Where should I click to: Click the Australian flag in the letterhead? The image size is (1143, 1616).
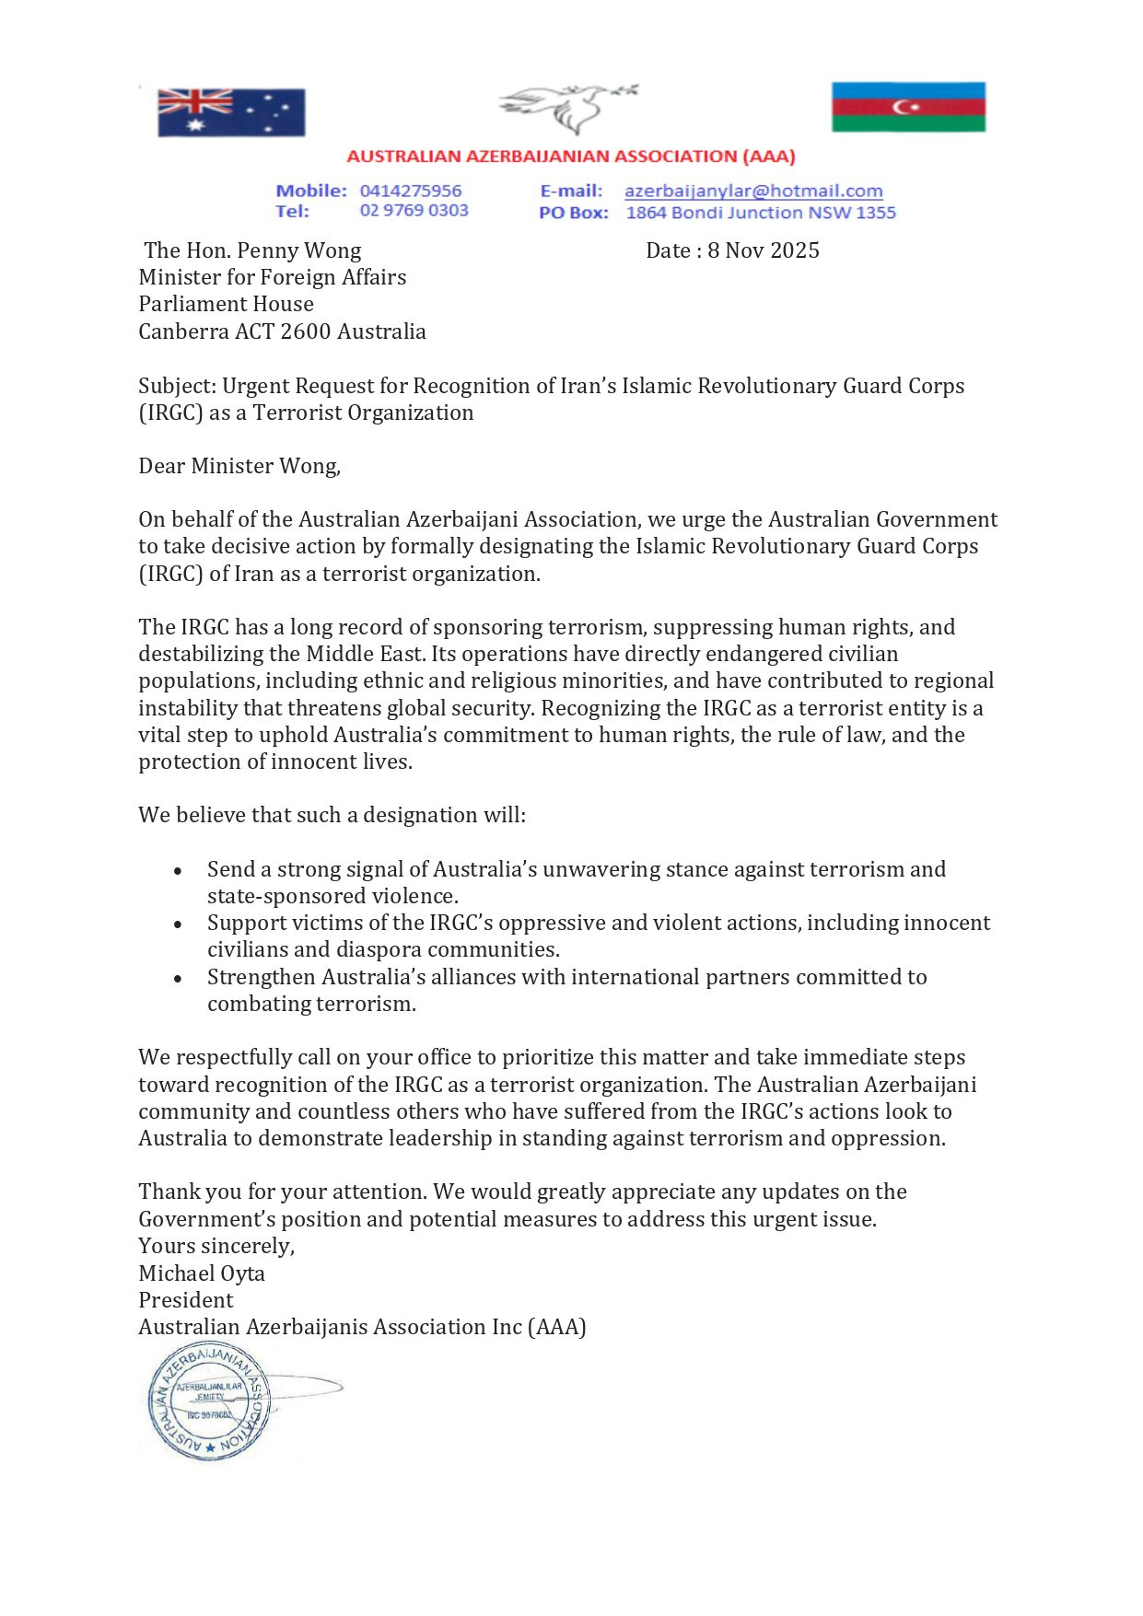point(231,112)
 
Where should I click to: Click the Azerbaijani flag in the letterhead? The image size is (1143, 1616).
point(908,107)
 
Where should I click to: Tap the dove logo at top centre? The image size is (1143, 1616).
point(567,108)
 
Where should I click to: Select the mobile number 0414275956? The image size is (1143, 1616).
point(411,191)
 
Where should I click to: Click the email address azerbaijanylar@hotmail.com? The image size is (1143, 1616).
point(753,191)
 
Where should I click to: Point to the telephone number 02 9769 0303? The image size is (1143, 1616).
point(414,211)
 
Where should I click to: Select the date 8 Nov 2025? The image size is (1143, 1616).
point(763,250)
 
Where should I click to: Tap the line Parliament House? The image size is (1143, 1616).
point(226,304)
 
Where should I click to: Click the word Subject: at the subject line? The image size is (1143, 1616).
point(177,386)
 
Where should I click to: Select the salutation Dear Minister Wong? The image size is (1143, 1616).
point(239,466)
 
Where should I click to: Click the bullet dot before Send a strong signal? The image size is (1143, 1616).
point(178,870)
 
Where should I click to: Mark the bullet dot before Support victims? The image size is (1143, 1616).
point(178,924)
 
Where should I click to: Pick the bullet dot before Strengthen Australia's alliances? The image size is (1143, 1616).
point(178,978)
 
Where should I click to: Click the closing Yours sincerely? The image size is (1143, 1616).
point(216,1246)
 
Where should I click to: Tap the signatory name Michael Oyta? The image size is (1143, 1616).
point(202,1273)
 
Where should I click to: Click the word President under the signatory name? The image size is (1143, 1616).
point(186,1300)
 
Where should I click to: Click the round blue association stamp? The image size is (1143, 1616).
point(209,1401)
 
